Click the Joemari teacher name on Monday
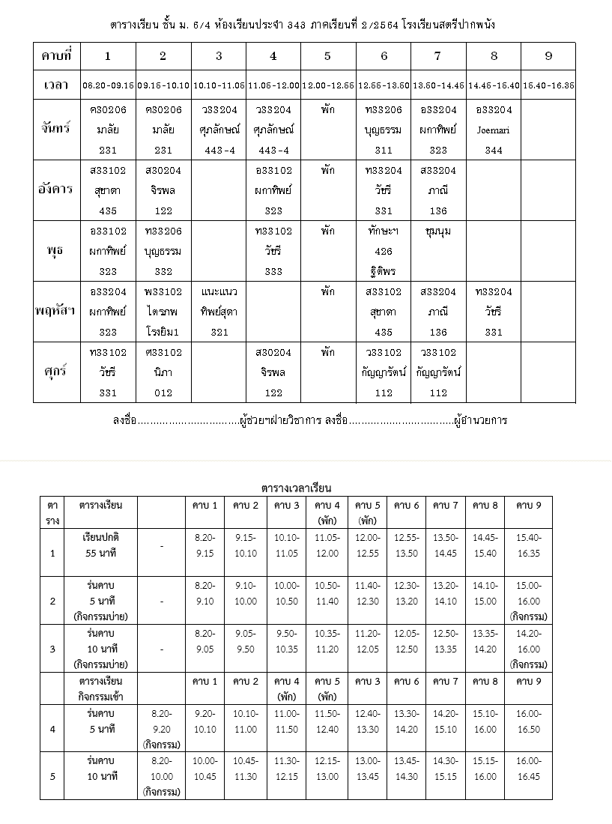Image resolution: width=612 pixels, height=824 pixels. click(494, 130)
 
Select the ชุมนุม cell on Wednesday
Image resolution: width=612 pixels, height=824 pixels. click(437, 231)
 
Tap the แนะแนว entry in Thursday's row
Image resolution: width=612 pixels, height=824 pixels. click(219, 291)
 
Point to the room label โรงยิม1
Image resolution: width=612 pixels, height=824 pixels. click(163, 332)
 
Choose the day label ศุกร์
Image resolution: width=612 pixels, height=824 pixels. click(57, 372)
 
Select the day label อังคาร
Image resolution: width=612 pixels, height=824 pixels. click(57, 189)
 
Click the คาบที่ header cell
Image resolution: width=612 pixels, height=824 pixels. click(57, 56)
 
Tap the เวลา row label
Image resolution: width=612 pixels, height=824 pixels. click(57, 85)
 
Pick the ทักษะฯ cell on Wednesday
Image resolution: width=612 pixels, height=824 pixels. click(384, 231)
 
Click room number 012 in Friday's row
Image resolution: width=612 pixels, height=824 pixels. click(163, 393)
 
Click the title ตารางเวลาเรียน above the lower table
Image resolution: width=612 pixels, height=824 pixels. click(297, 488)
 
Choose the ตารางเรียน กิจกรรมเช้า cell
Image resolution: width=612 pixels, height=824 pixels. click(101, 688)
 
